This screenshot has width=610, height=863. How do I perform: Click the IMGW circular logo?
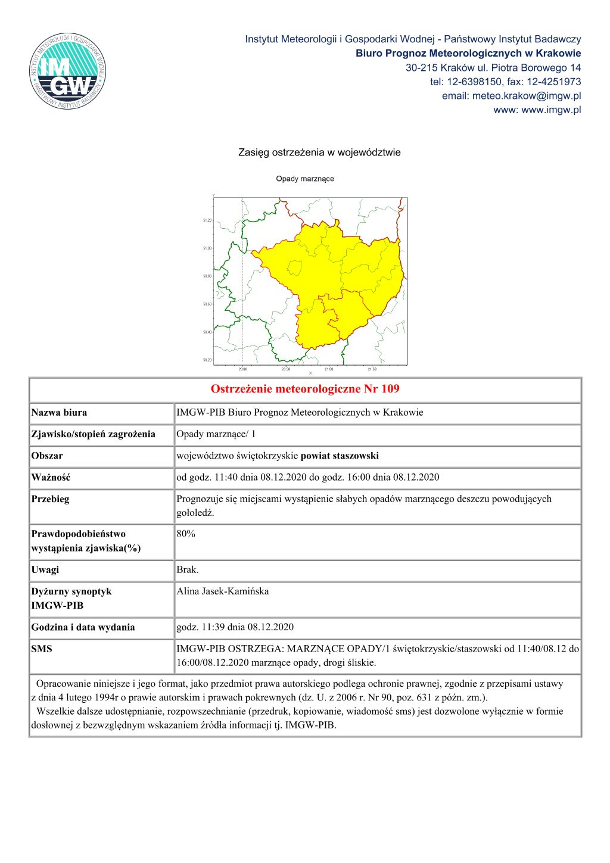click(x=68, y=71)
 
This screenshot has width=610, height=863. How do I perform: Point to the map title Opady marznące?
click(x=305, y=179)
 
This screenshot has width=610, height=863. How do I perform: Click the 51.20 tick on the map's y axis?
click(x=207, y=220)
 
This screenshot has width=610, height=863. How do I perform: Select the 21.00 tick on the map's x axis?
click(x=329, y=369)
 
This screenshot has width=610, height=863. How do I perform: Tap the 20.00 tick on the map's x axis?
click(x=242, y=369)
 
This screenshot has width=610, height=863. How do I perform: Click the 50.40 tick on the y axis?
click(x=207, y=332)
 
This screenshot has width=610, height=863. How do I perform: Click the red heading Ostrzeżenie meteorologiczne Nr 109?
click(x=305, y=390)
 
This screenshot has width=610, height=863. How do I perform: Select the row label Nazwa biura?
click(x=59, y=412)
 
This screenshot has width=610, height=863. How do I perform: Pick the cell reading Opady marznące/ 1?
click(x=216, y=434)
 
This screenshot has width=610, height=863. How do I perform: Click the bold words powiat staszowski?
click(x=340, y=456)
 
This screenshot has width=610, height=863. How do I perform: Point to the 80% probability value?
click(x=186, y=534)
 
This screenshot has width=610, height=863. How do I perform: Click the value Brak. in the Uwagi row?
click(x=188, y=569)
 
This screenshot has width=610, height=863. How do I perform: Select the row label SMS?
click(x=42, y=649)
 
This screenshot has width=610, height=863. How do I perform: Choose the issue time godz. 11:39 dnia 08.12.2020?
click(x=235, y=627)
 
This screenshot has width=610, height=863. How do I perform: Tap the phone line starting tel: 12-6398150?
click(x=505, y=82)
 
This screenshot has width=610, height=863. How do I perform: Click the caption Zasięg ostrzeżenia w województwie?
click(x=319, y=152)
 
